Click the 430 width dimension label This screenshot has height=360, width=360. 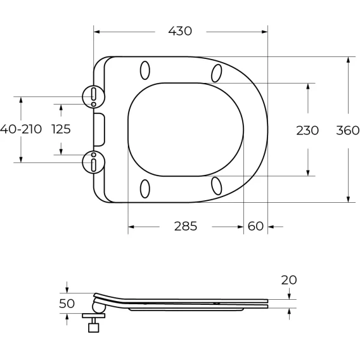(x=180, y=31)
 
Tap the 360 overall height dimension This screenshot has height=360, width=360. (x=347, y=131)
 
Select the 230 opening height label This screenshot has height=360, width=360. (x=307, y=131)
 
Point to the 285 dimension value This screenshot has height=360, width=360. (x=186, y=226)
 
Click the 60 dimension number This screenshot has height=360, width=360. (x=255, y=226)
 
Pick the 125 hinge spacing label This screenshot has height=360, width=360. (x=61, y=129)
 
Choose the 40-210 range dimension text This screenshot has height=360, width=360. (x=21, y=129)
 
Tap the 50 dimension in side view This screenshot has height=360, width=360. (x=67, y=304)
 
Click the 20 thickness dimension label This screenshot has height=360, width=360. (x=289, y=280)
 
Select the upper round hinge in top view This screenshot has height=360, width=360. (x=94, y=96)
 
